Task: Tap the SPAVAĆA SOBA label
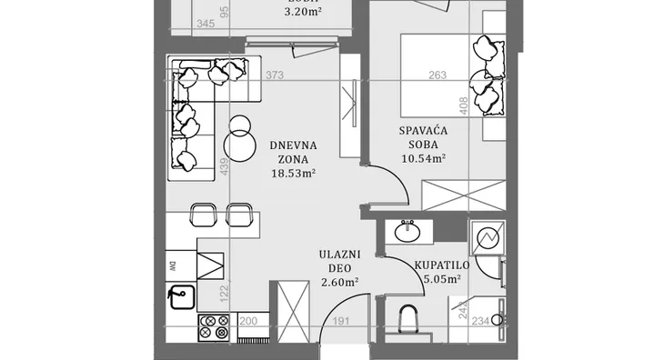point(423,137)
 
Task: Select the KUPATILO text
point(441,265)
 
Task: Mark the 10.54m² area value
point(423,158)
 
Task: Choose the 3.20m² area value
point(303,13)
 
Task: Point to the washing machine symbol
point(488,238)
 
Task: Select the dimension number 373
point(276,75)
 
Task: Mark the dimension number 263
point(438,75)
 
